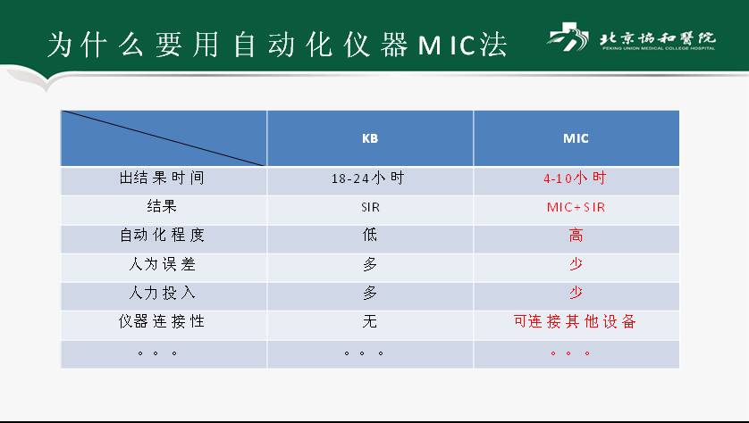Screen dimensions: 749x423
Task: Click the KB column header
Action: (370, 138)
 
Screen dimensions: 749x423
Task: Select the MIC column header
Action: (576, 138)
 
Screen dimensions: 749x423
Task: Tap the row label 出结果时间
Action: (162, 178)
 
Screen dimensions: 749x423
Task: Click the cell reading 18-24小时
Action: (368, 178)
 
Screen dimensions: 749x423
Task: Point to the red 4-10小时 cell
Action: (575, 178)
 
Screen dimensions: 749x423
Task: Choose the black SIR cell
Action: (370, 207)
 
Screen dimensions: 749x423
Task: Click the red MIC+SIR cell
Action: (576, 207)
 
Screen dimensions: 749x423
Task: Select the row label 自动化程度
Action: (162, 235)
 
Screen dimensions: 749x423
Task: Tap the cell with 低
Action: (370, 235)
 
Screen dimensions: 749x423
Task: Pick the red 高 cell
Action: (576, 235)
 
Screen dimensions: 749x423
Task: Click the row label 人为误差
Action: (162, 264)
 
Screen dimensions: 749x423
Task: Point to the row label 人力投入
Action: (162, 293)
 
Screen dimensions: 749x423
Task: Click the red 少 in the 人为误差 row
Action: (576, 264)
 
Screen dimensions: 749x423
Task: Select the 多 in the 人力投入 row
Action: (370, 293)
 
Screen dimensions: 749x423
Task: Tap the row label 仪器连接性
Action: (162, 321)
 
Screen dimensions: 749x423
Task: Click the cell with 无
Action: (370, 321)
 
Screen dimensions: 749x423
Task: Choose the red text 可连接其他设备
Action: (575, 321)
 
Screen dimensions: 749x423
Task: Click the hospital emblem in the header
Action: (568, 37)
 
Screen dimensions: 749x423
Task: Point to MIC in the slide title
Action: (446, 46)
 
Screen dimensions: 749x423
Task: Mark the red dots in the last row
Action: (570, 353)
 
